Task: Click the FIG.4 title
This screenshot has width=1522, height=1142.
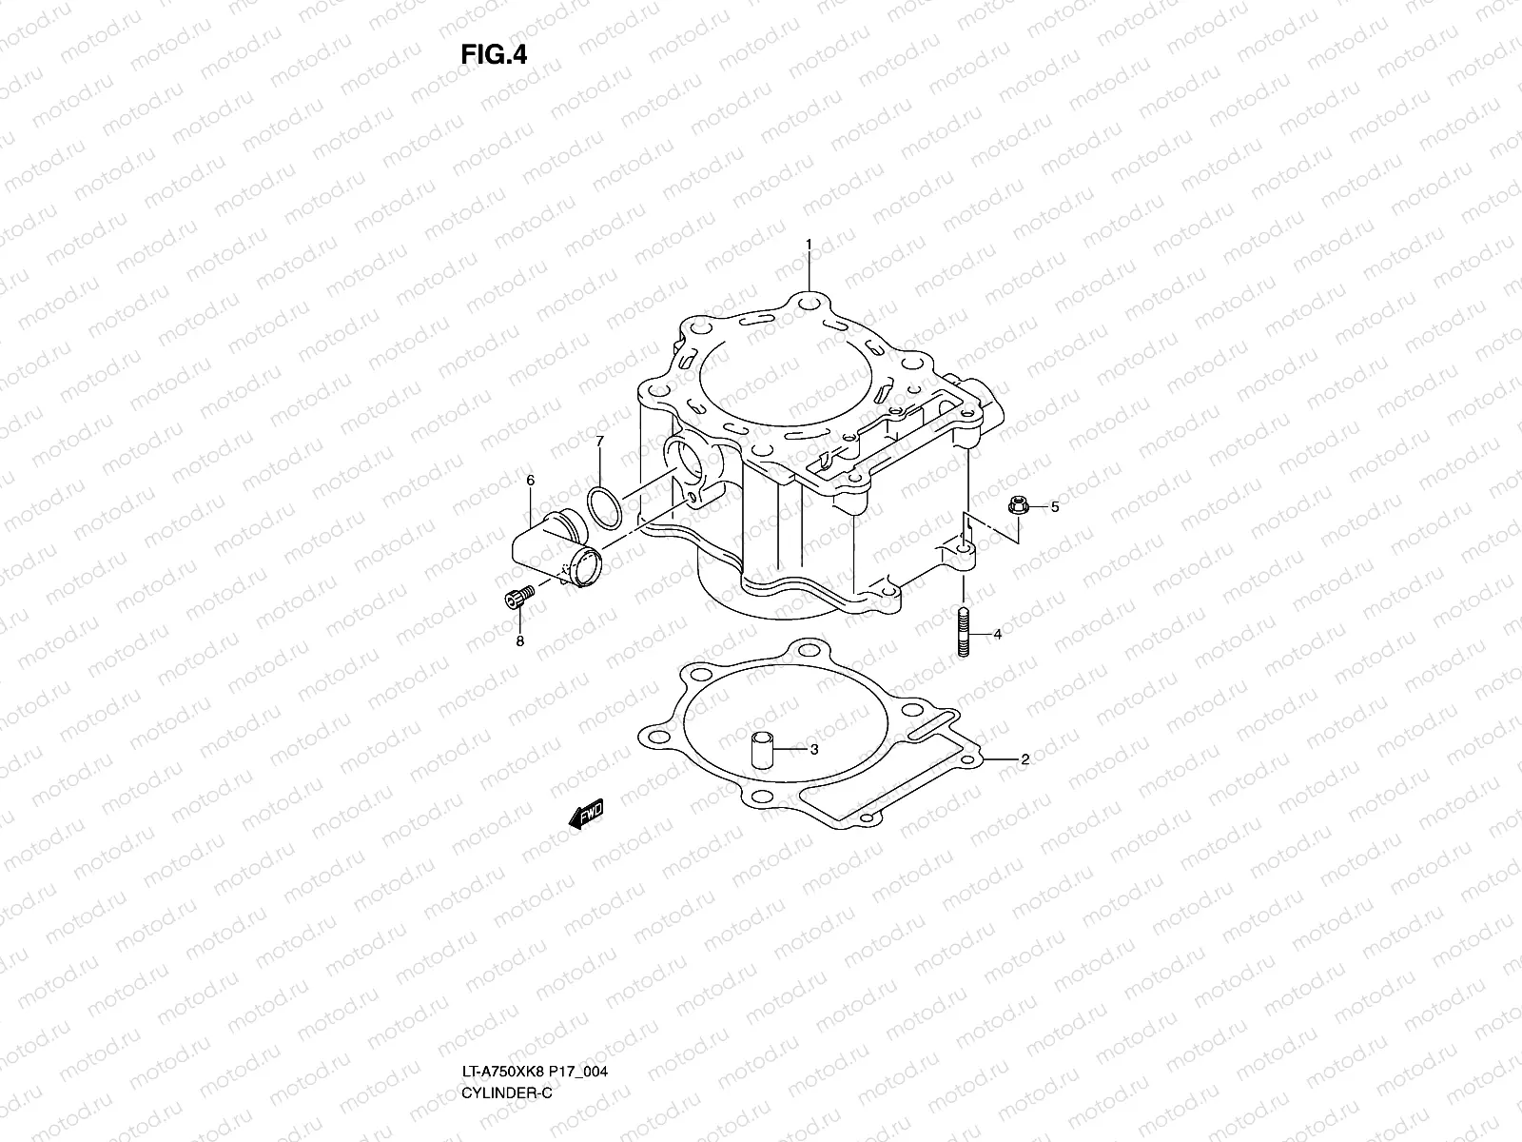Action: pyautogui.click(x=494, y=55)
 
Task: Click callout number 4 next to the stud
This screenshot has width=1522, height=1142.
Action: pyautogui.click(x=997, y=634)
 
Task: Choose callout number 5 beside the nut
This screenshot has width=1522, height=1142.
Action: pyautogui.click(x=1053, y=507)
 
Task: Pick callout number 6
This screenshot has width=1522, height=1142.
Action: pyautogui.click(x=530, y=482)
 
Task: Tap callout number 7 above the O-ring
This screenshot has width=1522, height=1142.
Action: pyautogui.click(x=599, y=442)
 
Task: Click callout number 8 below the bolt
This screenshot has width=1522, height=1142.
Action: pyautogui.click(x=519, y=641)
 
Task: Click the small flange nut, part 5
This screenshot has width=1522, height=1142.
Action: pyautogui.click(x=1015, y=506)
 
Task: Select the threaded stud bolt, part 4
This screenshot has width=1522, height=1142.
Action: pyautogui.click(x=964, y=633)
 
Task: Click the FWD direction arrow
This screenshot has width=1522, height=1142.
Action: pyautogui.click(x=585, y=815)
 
